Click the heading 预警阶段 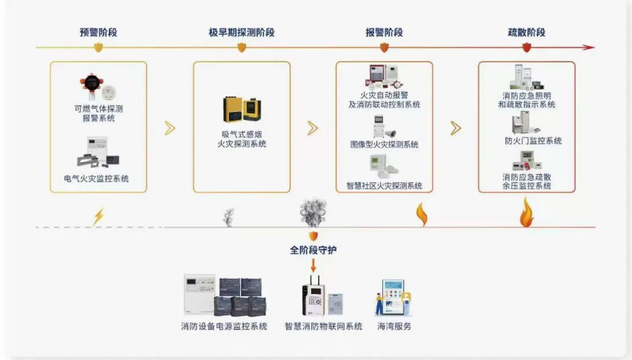(99, 33)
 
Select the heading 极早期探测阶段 (242, 33)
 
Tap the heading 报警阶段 (384, 33)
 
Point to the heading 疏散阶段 (527, 33)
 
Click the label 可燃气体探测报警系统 (98, 113)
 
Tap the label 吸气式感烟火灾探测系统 (242, 139)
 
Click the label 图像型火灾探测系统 (384, 144)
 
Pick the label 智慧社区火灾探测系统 (384, 185)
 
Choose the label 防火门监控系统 (533, 141)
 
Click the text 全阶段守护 (313, 250)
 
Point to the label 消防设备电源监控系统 (224, 327)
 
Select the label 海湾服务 (393, 327)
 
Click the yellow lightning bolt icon (99, 216)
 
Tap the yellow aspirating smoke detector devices (242, 110)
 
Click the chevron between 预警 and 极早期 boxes (170, 128)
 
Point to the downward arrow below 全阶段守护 (313, 264)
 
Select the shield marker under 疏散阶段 (527, 47)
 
